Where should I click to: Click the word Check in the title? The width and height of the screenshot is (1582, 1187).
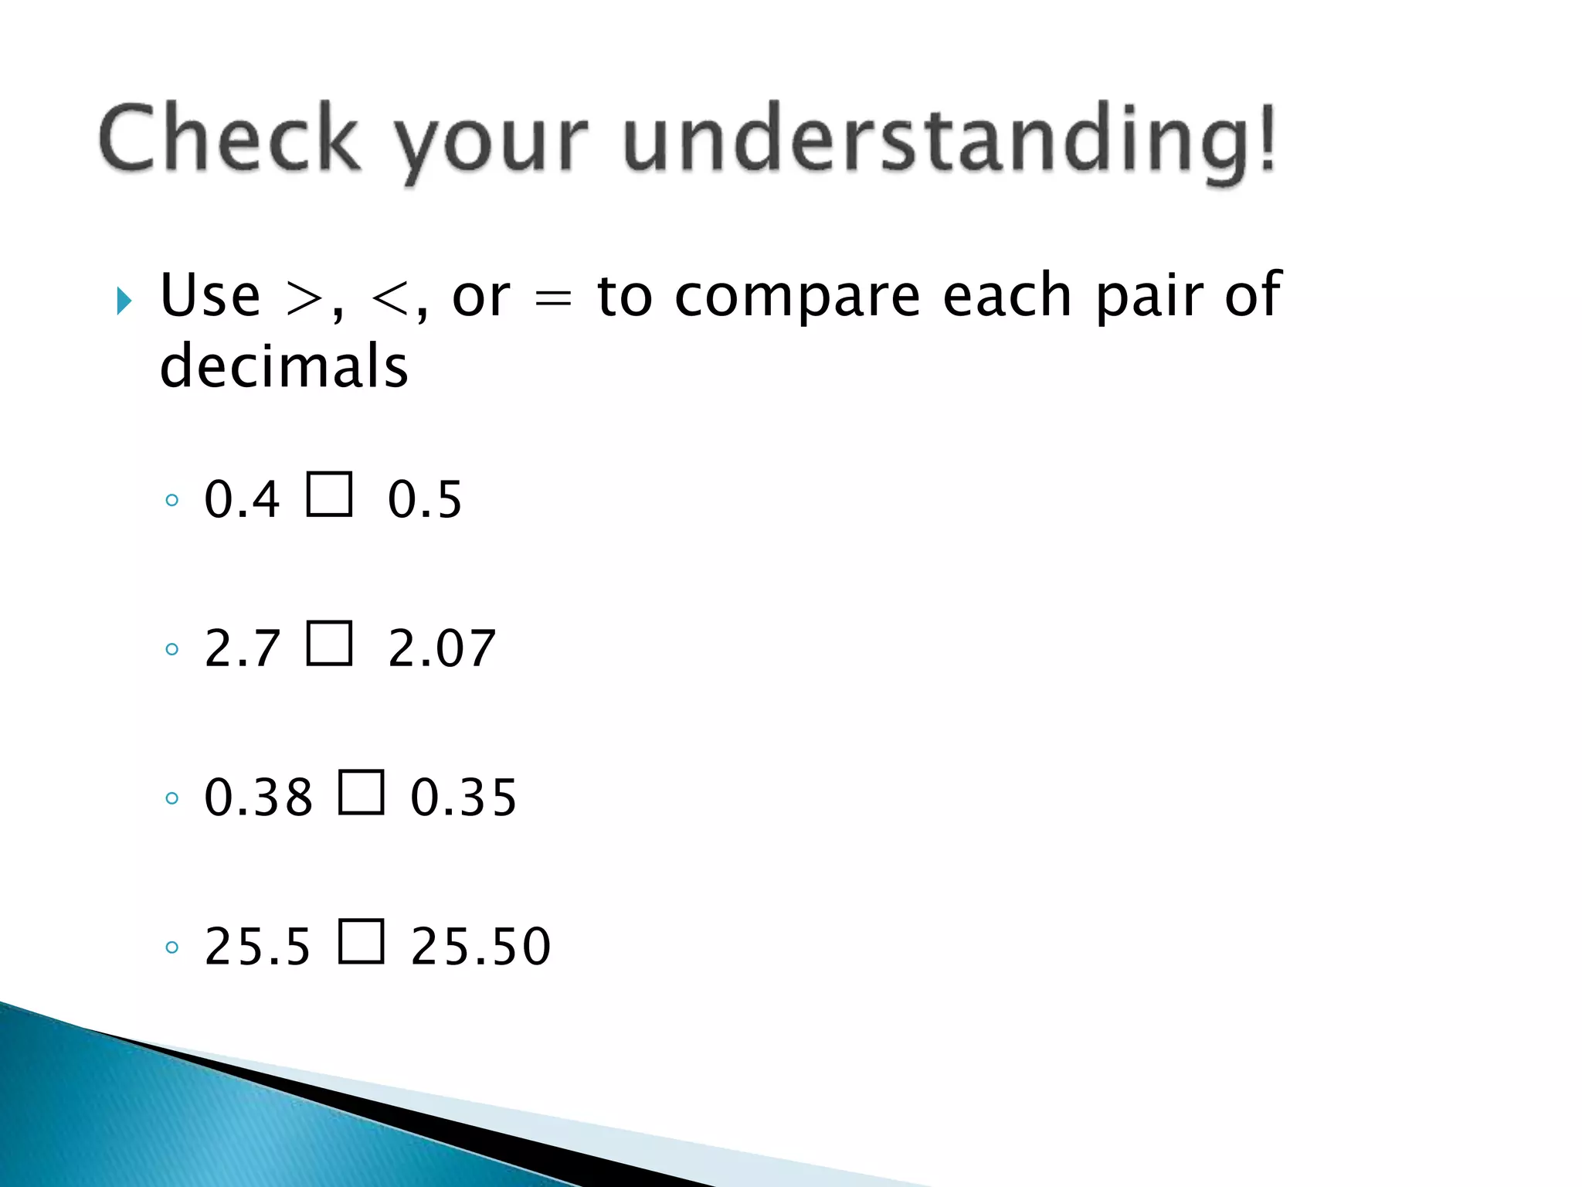tap(229, 139)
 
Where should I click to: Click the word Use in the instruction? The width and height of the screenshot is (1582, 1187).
tap(210, 296)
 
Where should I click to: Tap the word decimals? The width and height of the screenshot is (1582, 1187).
tap(283, 366)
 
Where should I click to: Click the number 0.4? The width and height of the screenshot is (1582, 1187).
tap(241, 499)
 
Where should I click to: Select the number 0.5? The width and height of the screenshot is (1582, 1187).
tap(425, 499)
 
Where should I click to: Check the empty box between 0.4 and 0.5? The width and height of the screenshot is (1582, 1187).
tap(330, 494)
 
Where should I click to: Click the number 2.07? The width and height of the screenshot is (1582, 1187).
tap(441, 648)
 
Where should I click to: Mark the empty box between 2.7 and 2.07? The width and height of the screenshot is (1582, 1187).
tap(330, 643)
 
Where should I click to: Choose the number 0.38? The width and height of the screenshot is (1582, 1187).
tap(258, 798)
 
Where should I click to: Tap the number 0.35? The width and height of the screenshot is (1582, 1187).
tap(463, 798)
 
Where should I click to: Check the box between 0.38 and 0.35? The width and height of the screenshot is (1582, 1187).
tap(362, 792)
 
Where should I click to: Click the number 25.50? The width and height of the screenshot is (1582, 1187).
tap(480, 947)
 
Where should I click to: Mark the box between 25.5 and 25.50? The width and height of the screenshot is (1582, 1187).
tap(362, 941)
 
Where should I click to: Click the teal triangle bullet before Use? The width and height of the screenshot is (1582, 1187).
tap(124, 301)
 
